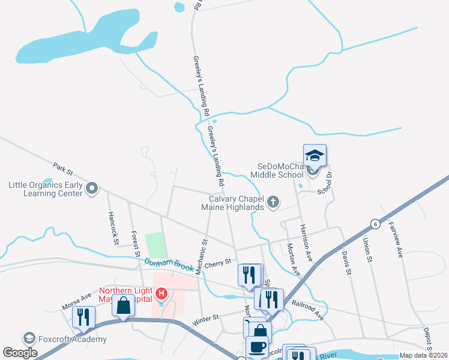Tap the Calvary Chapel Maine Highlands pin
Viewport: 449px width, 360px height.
[x=273, y=202]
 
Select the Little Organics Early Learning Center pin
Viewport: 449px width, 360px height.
[x=91, y=190]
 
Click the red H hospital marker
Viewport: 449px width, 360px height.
[x=161, y=293]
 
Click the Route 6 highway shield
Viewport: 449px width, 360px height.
[x=375, y=223]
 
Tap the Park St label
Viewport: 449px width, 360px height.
[x=62, y=166]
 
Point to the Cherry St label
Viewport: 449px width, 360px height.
[x=218, y=262]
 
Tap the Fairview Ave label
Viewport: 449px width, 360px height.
[x=396, y=239]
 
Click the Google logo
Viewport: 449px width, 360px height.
[x=20, y=353]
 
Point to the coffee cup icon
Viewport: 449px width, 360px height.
[x=257, y=347]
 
